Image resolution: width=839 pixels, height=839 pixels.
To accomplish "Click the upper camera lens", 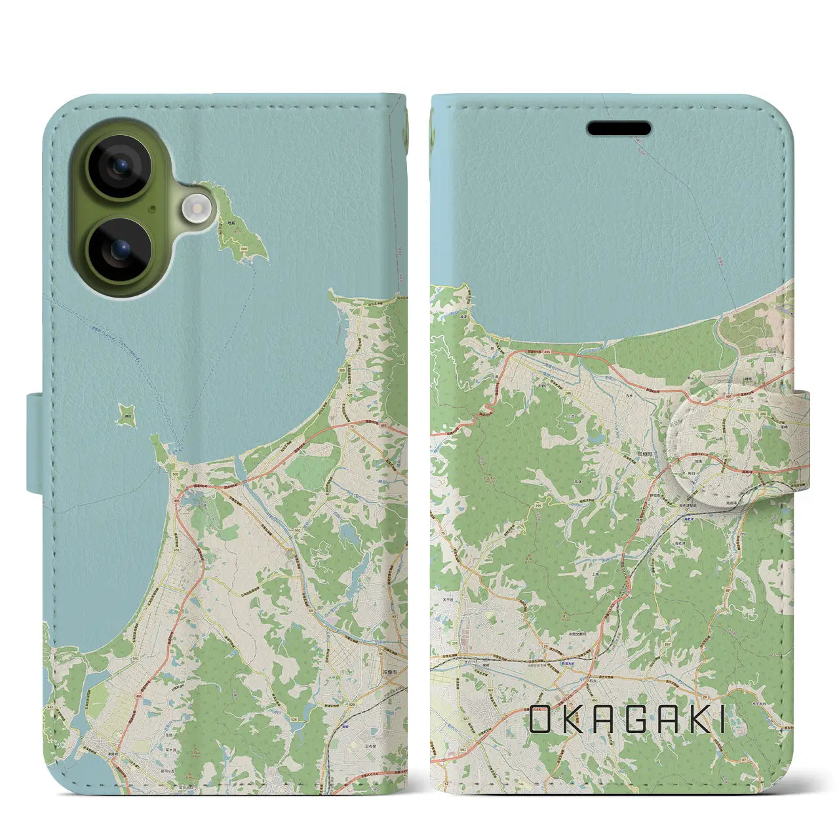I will pos(119,166).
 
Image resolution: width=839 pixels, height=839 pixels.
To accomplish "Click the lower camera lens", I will pos(119,250).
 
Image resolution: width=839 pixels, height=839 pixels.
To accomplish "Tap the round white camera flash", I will pos(197,209).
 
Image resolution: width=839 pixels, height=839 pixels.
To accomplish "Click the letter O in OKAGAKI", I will pos(540,720).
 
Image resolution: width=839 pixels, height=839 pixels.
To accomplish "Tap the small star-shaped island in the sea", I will pos(127,414).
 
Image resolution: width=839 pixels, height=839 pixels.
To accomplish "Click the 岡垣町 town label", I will pos(644,454).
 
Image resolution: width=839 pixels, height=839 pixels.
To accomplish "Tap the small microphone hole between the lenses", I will pos(151,209).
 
